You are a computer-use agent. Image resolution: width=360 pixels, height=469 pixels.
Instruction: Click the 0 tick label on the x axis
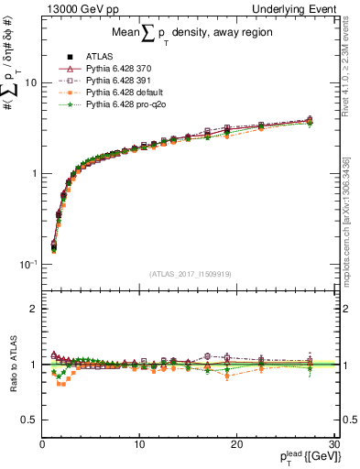coord(42,444)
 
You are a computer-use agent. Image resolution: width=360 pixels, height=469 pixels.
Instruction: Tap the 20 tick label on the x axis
coord(236,444)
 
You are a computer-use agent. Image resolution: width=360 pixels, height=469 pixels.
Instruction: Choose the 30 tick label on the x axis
coord(333,444)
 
